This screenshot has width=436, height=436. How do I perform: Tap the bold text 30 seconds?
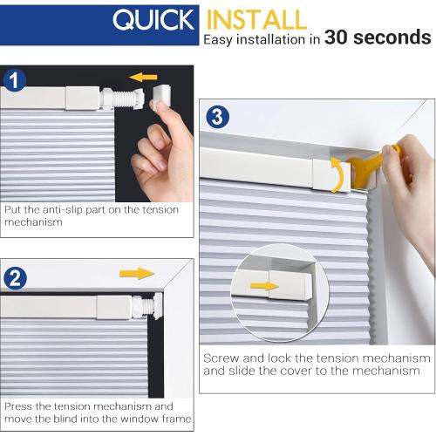378,37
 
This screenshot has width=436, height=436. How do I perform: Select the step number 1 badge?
15,81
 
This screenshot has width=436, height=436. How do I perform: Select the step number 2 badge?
15,279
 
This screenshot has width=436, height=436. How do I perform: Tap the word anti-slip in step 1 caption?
83,209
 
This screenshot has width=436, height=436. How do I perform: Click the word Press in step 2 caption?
20,406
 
